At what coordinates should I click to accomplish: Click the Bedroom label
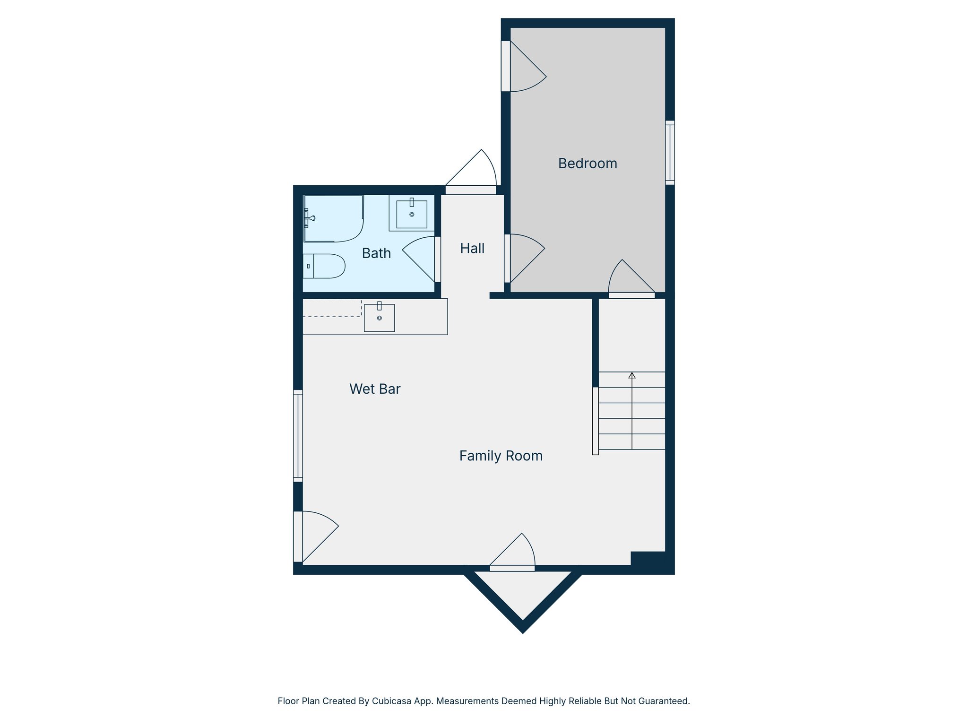588,164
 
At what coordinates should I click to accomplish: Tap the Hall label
472,249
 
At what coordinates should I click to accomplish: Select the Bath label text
376,253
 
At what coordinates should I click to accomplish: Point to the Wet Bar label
375,389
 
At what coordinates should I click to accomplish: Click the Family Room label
501,456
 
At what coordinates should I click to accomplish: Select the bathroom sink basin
412,215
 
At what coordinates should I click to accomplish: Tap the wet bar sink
379,318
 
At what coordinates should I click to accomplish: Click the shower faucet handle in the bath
310,218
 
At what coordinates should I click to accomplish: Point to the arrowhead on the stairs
632,375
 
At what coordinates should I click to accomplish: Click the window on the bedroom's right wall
670,153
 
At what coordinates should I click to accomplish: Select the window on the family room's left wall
298,435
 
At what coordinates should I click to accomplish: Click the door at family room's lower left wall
317,536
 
